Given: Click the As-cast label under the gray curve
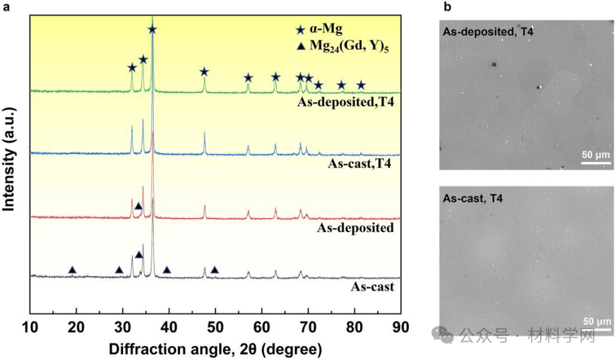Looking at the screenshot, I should click(x=372, y=286).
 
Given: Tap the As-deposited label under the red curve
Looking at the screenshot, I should click(x=356, y=227).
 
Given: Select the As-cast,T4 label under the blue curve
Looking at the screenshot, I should click(x=359, y=164).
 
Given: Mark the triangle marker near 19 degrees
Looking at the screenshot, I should click(x=72, y=270).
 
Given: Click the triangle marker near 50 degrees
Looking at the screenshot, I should click(x=215, y=270).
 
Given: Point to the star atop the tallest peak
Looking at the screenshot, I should click(x=152, y=29).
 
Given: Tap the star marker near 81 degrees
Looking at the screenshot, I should click(x=361, y=85).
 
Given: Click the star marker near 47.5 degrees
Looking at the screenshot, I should click(x=204, y=72).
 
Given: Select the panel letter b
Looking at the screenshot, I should click(x=447, y=7).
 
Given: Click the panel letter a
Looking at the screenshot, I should click(x=5, y=7).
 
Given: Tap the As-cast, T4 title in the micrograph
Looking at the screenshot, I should click(x=473, y=199).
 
